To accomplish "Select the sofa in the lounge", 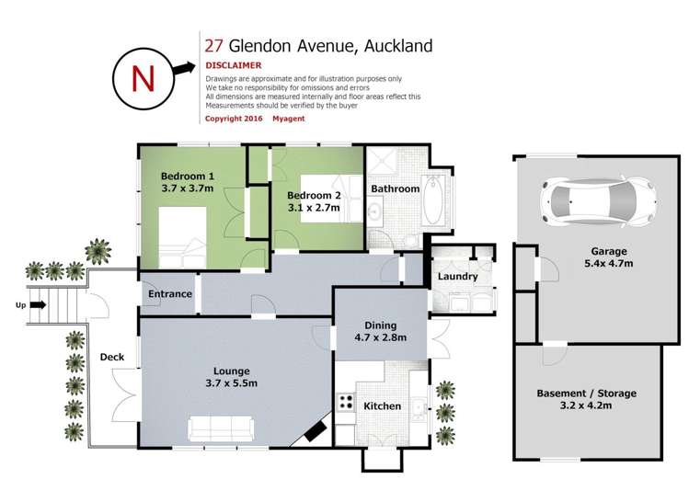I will pyautogui.click(x=221, y=428).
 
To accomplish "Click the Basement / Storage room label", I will pyautogui.click(x=586, y=394).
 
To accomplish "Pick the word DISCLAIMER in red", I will pyautogui.click(x=234, y=65).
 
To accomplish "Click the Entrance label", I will pyautogui.click(x=169, y=294).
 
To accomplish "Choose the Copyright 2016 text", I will pyautogui.click(x=233, y=119).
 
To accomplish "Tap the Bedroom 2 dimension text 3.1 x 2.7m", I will pyautogui.click(x=313, y=208).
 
